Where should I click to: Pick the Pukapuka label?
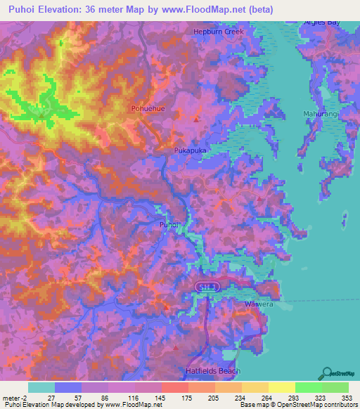[188, 150]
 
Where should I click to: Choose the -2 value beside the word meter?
[26, 397]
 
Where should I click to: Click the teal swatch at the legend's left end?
[41, 387]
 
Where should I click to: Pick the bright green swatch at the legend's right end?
[335, 387]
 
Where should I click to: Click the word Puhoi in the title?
[23, 9]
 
